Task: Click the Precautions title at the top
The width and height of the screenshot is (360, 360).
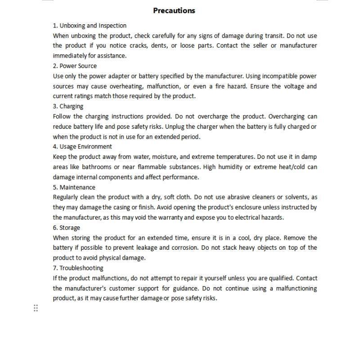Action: coord(174,11)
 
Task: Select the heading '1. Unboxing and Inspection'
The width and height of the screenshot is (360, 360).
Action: coord(90,26)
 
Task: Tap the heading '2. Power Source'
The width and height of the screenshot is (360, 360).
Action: coord(75,66)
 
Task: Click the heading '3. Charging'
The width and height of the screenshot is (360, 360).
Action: coord(68,106)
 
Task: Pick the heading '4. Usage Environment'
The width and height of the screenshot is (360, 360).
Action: coord(82,147)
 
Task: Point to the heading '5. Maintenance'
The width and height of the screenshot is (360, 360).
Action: coord(74,187)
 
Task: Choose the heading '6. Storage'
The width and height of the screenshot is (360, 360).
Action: coord(67,228)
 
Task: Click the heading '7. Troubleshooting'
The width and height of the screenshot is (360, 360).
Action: coord(78,268)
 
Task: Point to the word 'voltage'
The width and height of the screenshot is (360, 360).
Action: coord(283,86)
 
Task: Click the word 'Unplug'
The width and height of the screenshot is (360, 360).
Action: coord(182,126)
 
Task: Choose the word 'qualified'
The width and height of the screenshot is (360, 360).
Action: coord(280,278)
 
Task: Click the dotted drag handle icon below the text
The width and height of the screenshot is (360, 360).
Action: coord(36,308)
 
